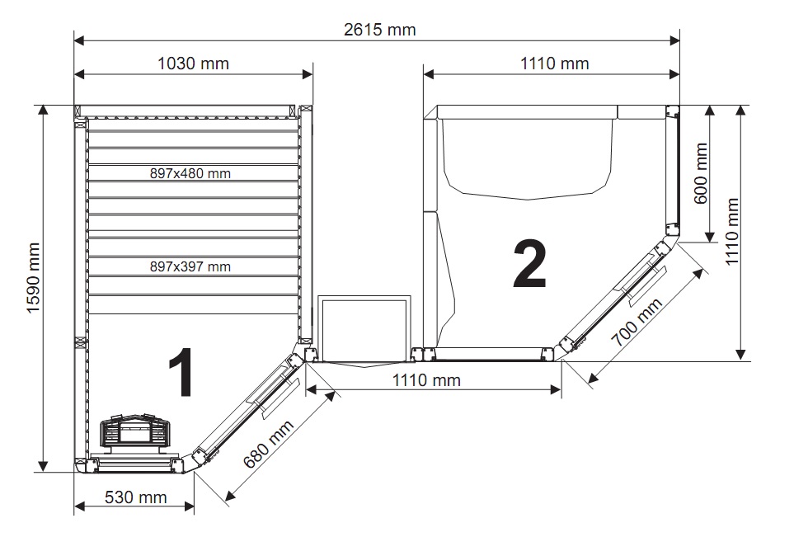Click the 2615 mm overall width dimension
coord(380,30)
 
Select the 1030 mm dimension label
coord(193,64)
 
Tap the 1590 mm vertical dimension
coord(33,278)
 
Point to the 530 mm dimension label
coord(136,497)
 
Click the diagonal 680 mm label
coord(269,445)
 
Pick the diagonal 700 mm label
coord(637,323)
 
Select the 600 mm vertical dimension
coord(701,173)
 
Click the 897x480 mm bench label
coord(190,173)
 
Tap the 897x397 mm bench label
coord(190,266)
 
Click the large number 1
coord(181,372)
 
